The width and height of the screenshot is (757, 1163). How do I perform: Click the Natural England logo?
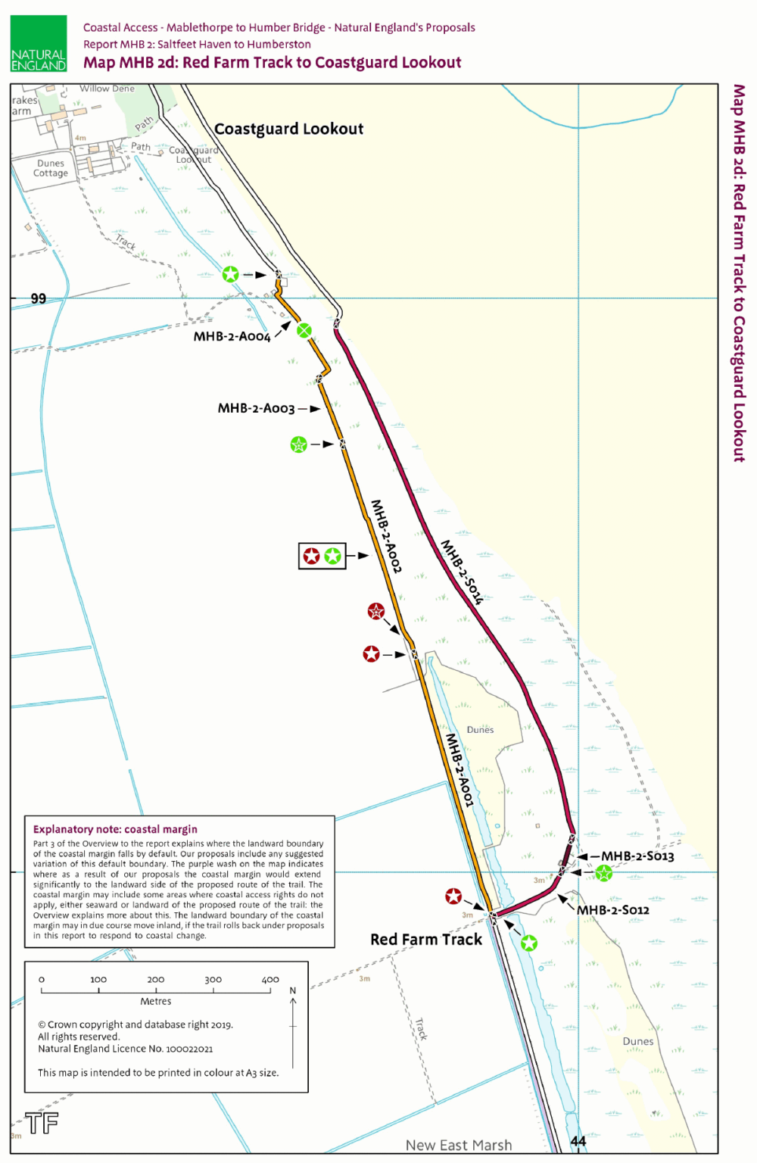click(39, 44)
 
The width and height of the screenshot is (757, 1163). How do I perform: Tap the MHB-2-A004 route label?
click(232, 337)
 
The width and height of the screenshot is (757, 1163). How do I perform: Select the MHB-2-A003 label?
click(256, 409)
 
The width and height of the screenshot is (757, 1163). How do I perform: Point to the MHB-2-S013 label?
click(637, 856)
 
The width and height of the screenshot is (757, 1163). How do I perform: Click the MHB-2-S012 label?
click(613, 910)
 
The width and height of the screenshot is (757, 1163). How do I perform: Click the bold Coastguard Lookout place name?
click(288, 129)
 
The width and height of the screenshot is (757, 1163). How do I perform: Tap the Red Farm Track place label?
click(426, 940)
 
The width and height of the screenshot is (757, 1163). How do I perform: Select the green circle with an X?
click(304, 330)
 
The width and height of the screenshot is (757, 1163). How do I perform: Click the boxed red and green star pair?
click(322, 557)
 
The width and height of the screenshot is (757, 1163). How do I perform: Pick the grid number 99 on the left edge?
click(38, 299)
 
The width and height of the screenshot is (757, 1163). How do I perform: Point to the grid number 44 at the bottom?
click(578, 1142)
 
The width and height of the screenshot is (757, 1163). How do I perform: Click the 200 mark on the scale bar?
click(156, 980)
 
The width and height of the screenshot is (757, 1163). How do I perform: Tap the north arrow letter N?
click(293, 991)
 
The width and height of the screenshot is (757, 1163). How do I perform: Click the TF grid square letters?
click(42, 1123)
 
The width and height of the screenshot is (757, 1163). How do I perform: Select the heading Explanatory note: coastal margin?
click(115, 830)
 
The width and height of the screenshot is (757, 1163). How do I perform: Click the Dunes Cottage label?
click(51, 168)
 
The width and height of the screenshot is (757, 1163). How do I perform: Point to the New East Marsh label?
click(459, 1146)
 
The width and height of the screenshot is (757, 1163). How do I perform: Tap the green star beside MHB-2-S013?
click(603, 874)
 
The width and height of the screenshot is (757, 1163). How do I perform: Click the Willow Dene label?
click(107, 89)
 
